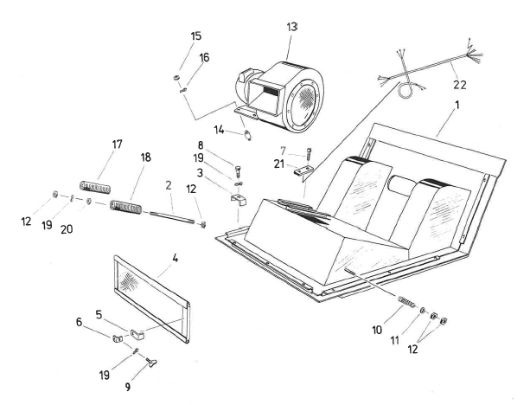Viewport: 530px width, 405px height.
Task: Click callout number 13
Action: click(291, 28)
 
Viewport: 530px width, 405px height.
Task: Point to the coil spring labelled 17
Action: click(95, 185)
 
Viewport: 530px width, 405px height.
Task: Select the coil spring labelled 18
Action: click(126, 206)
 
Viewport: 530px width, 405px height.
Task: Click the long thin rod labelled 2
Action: click(173, 215)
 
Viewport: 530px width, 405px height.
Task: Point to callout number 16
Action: click(205, 58)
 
